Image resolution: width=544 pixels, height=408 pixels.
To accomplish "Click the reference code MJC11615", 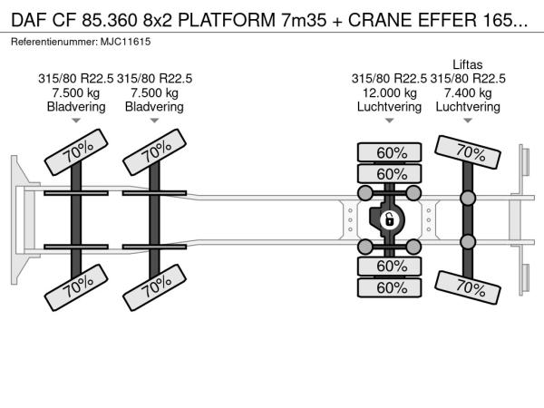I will pyautogui.click(x=130, y=43).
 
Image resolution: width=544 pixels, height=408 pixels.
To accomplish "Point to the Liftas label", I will pyautogui.click(x=468, y=64).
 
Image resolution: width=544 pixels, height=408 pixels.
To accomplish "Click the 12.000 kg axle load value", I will pyautogui.click(x=387, y=92).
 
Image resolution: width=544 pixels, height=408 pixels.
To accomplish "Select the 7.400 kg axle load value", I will pyautogui.click(x=468, y=92).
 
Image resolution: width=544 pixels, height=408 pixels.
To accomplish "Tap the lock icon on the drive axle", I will pyautogui.click(x=389, y=219).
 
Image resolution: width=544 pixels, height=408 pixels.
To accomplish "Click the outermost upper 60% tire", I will pyautogui.click(x=391, y=151).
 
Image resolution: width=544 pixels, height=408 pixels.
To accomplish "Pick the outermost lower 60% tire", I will pyautogui.click(x=391, y=287).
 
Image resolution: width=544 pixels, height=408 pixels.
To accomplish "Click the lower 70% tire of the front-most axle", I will pyautogui.click(x=76, y=288).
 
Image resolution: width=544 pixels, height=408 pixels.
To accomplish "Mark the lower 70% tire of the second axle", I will pyautogui.click(x=154, y=288).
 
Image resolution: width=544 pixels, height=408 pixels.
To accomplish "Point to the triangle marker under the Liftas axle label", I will pyautogui.click(x=468, y=121).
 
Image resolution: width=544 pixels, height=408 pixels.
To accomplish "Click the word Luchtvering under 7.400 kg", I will pyautogui.click(x=468, y=107).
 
